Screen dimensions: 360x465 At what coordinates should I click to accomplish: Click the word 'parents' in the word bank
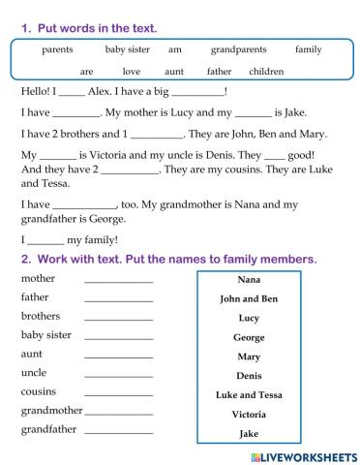pos(59,49)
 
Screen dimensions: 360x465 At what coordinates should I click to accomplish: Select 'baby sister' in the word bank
pos(127,49)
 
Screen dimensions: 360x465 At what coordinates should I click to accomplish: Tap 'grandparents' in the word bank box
pos(238,49)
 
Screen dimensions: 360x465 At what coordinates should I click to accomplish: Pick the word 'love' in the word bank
pos(132,72)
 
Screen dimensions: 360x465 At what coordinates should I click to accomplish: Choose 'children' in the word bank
pos(266,72)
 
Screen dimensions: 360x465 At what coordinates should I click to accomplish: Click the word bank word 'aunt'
pos(174,72)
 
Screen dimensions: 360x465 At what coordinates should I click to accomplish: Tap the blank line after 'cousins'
pos(118,393)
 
